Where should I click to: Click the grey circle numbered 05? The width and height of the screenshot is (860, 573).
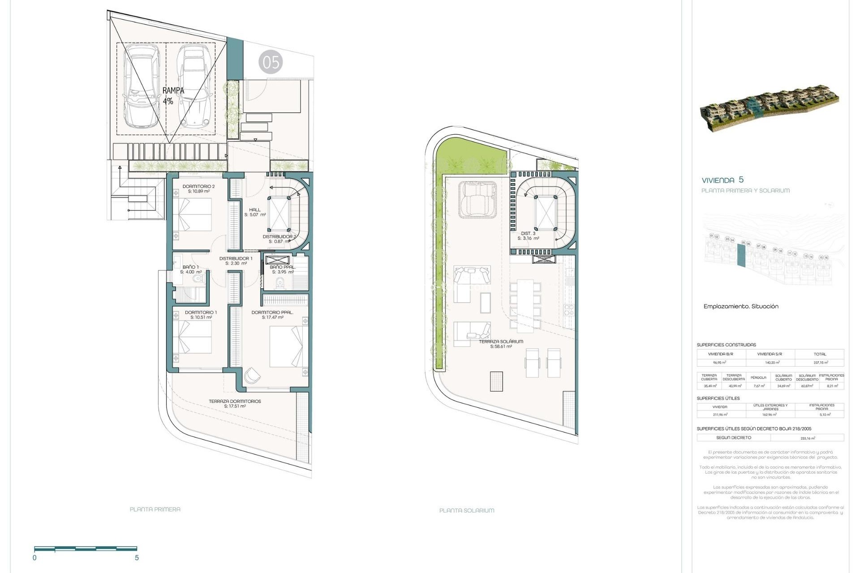271,63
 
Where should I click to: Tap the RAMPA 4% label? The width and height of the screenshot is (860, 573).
173,96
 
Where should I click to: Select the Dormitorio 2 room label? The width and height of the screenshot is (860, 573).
198,188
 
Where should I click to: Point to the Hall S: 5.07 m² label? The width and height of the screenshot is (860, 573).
255,212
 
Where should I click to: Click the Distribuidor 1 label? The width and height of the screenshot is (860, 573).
236,261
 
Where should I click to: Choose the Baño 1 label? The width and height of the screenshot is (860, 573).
190,269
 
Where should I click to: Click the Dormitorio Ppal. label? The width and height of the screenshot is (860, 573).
272,315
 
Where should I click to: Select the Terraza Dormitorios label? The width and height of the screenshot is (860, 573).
235,404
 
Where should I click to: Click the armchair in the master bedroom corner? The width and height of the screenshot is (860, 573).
252,375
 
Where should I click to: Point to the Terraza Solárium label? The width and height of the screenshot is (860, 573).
501,344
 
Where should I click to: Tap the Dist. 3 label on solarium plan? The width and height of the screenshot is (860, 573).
528,236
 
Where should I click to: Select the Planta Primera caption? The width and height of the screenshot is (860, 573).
155,509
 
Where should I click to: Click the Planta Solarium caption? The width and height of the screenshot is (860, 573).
466,510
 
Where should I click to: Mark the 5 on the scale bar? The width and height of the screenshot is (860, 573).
137,558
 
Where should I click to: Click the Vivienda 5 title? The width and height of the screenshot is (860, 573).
722,180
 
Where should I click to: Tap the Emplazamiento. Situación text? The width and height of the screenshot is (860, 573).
741,306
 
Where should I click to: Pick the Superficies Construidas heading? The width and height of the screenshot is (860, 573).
726,345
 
